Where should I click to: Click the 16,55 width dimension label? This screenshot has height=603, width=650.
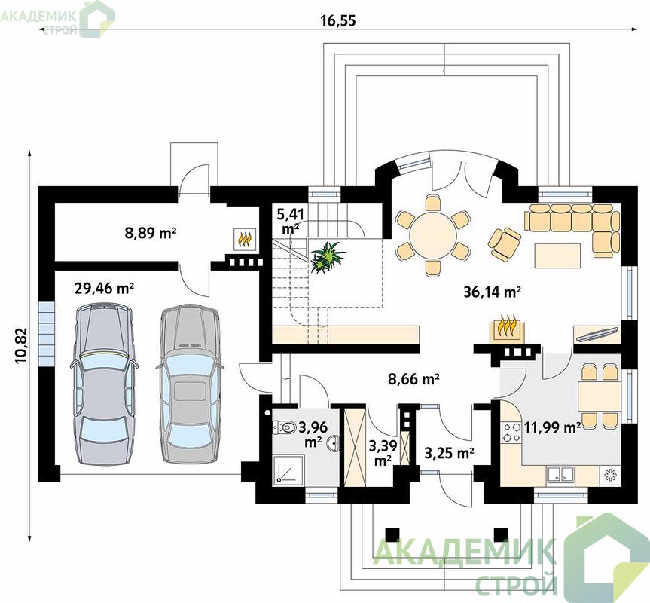[338, 20]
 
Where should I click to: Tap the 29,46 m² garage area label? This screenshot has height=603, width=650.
[104, 288]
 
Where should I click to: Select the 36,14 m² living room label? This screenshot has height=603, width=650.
[492, 292]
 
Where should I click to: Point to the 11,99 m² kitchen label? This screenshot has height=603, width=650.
[552, 427]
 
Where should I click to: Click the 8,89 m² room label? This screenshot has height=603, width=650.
[151, 233]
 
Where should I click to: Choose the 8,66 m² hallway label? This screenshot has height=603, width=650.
[413, 378]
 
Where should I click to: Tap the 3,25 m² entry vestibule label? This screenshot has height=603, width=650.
[450, 453]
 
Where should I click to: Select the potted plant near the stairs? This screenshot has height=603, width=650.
[328, 257]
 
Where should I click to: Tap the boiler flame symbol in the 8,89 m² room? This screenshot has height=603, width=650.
[245, 239]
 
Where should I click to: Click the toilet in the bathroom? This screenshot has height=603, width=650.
[283, 427]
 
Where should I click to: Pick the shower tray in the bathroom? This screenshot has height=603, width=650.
[289, 469]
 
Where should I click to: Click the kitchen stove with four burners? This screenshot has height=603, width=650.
[511, 432]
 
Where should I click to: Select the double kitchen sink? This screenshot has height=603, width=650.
[560, 474]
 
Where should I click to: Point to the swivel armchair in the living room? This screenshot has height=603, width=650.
[505, 244]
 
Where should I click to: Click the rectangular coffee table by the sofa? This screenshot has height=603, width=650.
[557, 256]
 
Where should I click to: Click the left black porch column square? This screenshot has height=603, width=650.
[392, 534]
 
